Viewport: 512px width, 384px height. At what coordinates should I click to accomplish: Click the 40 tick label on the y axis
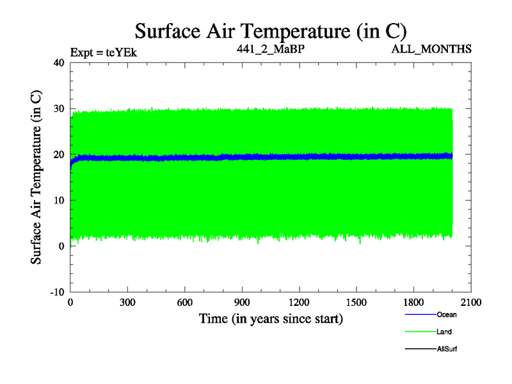point(59,63)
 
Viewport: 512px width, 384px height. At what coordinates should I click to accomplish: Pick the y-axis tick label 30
point(59,109)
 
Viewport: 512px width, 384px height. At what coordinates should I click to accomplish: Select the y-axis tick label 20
point(59,155)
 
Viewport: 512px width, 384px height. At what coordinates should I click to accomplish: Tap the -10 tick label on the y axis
point(58,292)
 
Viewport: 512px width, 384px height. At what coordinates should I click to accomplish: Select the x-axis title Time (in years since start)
point(271,318)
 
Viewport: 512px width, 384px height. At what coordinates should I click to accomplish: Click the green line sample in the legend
point(420,332)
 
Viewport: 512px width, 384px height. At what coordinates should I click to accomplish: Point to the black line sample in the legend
point(420,349)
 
